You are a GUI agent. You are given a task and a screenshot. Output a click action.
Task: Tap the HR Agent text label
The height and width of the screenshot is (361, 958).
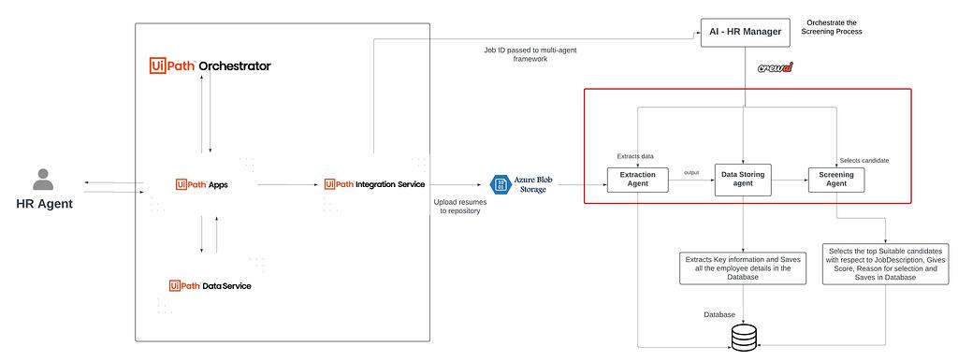[44, 205]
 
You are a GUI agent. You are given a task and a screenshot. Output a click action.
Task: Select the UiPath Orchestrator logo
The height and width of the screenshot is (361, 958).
[210, 65]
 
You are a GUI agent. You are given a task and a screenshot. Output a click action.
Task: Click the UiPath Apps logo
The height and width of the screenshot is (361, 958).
[201, 184]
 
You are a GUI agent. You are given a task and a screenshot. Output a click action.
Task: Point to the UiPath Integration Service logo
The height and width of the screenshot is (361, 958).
[374, 184]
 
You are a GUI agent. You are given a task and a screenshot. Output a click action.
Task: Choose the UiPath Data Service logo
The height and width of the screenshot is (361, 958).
[210, 285]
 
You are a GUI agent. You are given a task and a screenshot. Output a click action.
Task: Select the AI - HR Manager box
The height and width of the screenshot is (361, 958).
[747, 33]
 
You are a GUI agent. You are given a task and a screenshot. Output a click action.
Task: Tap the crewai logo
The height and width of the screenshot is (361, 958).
[776, 68]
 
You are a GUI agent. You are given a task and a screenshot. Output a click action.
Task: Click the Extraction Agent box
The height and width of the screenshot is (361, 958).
[637, 180]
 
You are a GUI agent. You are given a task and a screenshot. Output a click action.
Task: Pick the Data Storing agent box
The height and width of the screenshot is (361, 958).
[744, 180]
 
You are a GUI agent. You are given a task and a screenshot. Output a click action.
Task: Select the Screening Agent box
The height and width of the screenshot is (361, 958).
[835, 180]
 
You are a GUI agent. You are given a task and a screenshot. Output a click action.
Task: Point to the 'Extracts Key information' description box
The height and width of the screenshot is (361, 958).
[744, 267]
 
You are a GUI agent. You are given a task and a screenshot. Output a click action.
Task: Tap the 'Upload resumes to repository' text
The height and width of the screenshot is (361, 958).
[458, 207]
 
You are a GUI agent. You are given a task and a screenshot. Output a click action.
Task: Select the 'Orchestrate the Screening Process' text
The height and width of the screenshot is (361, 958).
[833, 26]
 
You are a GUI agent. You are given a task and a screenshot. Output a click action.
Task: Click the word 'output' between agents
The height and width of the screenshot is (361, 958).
[691, 172]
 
